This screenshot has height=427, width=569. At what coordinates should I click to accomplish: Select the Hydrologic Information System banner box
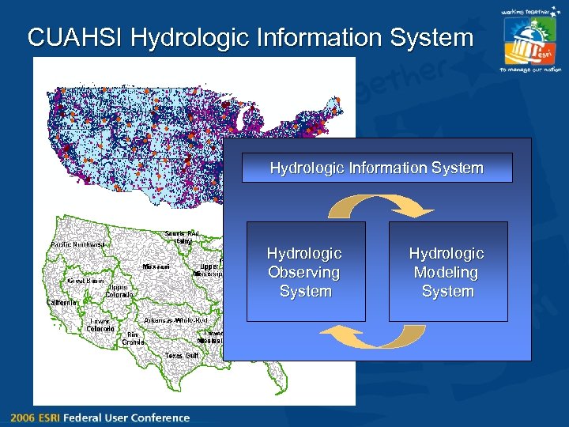(x=377, y=168)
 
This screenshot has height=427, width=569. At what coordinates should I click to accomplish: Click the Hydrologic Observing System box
(x=306, y=271)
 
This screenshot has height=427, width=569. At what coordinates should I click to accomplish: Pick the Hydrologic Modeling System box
(x=447, y=271)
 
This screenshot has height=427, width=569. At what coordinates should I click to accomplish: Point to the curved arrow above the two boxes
(x=381, y=206)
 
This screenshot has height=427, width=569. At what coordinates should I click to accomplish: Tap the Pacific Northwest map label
(x=77, y=244)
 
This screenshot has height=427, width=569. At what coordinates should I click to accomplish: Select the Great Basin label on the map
(x=85, y=280)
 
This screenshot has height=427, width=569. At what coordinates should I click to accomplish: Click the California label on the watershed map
(x=62, y=302)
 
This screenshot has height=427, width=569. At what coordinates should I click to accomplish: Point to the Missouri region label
(x=156, y=267)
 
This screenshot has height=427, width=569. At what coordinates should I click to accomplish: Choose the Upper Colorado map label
(x=119, y=291)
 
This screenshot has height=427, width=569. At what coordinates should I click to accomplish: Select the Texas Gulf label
(x=181, y=356)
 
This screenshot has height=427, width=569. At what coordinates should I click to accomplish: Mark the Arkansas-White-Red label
(x=175, y=320)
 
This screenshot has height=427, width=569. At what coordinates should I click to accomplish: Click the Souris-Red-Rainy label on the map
(x=182, y=236)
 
